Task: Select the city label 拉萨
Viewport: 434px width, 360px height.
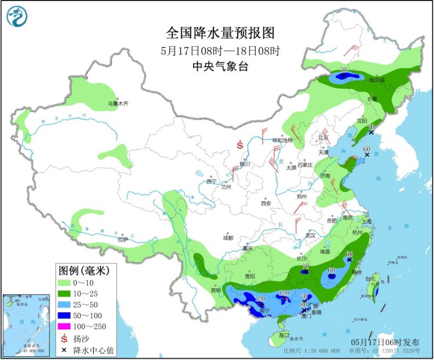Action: click(122, 239)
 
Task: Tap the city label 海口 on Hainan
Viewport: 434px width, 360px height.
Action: click(283, 334)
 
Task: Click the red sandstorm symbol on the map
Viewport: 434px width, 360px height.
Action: click(240, 145)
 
